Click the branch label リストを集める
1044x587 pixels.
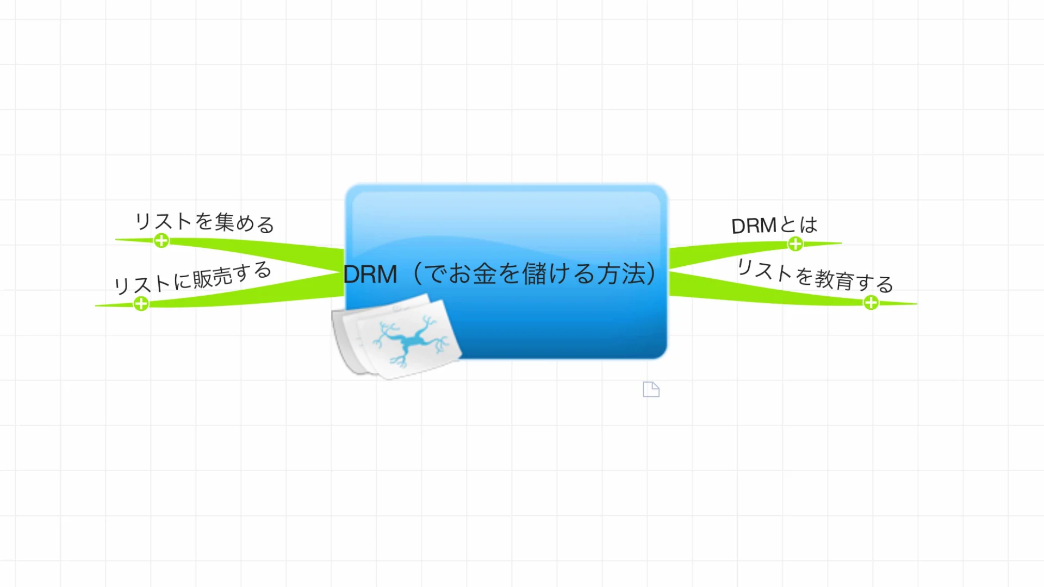[x=204, y=222]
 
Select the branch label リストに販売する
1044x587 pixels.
[x=192, y=278]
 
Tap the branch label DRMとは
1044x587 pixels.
[x=774, y=225]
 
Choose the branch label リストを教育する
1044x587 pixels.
[x=815, y=276]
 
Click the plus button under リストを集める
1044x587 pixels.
[x=161, y=240]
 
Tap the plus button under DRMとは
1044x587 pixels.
[x=796, y=244]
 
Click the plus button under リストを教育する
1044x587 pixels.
[x=871, y=303]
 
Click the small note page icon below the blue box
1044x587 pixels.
[x=651, y=389]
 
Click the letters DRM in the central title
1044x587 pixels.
[x=370, y=274]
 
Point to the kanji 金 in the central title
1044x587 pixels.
[x=484, y=273]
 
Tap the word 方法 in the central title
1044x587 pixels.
[x=621, y=273]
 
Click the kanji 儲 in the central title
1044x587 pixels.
[x=534, y=273]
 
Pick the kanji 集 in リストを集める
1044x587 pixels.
[x=224, y=222]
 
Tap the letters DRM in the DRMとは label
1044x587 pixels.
[x=754, y=226]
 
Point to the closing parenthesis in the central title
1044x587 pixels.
[x=651, y=273]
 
